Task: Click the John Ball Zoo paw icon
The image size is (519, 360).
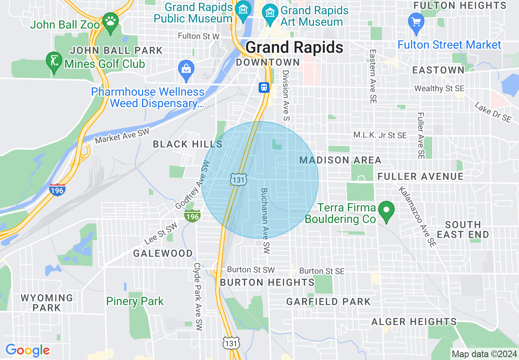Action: tap(110, 20)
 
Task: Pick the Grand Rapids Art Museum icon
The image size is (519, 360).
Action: tap(270, 11)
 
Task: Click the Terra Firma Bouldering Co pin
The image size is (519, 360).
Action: tap(386, 210)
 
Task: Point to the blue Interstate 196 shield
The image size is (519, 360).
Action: tap(57, 190)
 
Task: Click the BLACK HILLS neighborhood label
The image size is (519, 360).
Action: tap(187, 144)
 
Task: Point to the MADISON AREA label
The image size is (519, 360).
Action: tap(340, 160)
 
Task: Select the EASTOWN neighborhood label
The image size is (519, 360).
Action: tap(438, 70)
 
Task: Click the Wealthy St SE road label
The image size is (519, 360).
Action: tap(439, 88)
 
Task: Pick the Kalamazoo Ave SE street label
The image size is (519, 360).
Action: tap(416, 216)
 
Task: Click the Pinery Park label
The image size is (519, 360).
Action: tap(135, 301)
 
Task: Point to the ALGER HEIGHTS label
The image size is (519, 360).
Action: tap(414, 322)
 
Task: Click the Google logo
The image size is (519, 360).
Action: tap(27, 351)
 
